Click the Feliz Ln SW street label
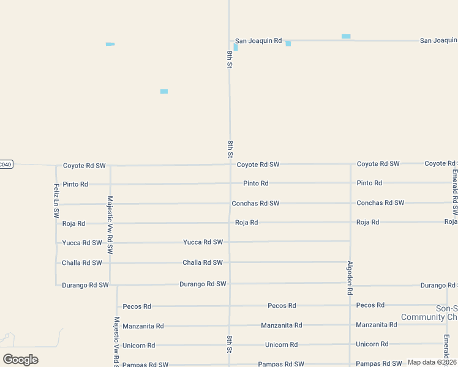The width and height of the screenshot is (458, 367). [x=56, y=201]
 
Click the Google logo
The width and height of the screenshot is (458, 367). [x=20, y=360]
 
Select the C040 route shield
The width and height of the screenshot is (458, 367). [x=6, y=164]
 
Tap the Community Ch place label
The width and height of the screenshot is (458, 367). [x=429, y=317]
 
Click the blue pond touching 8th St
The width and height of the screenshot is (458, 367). [x=236, y=47]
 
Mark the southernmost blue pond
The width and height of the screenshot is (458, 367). [x=164, y=92]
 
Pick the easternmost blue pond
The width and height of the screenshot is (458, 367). [x=346, y=37]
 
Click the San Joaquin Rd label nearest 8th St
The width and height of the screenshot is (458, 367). [x=258, y=41]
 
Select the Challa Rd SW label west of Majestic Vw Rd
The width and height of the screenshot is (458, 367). [x=82, y=263]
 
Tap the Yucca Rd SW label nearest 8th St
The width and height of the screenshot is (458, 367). [x=203, y=242]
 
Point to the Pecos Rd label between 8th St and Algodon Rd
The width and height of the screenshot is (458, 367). [x=282, y=305]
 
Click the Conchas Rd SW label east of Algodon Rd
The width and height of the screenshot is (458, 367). [x=380, y=202]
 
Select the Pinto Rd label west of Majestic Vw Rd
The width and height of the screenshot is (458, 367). [x=75, y=184]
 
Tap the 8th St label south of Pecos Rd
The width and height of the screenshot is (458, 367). [x=230, y=344]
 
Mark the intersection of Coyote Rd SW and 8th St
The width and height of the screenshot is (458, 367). [x=230, y=164]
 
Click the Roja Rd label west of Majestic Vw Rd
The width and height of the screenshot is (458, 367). [x=73, y=224]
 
